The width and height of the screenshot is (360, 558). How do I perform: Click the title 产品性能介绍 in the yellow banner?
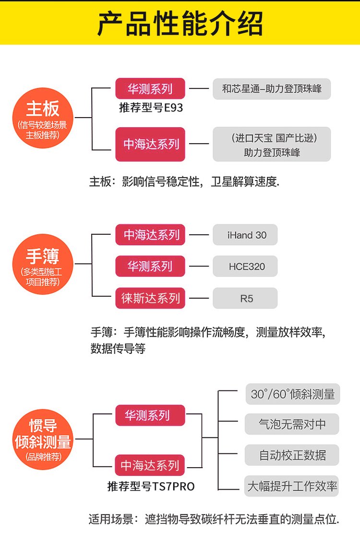180,23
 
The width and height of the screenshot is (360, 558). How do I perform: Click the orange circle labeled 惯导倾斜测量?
43,436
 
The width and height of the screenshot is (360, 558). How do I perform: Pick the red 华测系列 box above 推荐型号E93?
150,88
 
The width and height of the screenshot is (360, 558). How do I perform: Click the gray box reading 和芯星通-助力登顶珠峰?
272,89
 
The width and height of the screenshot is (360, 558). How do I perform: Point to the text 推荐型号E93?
151,108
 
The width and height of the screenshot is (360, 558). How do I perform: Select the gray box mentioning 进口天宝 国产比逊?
272,144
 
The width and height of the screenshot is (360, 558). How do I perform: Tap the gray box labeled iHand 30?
246,235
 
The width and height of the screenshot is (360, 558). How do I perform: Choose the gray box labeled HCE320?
246,267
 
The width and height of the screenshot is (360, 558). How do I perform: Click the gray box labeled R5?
246,298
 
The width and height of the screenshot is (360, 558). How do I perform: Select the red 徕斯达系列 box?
150,298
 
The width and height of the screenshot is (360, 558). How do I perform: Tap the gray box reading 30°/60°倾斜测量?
292,394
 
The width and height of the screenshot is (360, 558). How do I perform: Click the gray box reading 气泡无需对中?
292,424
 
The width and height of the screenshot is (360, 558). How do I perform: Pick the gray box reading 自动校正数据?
292,455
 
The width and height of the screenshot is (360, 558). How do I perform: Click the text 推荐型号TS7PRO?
151,486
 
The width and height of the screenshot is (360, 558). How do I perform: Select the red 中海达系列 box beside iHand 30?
150,235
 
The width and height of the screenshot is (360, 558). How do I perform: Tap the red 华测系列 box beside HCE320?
150,267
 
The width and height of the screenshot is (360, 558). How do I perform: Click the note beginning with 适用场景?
214,519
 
